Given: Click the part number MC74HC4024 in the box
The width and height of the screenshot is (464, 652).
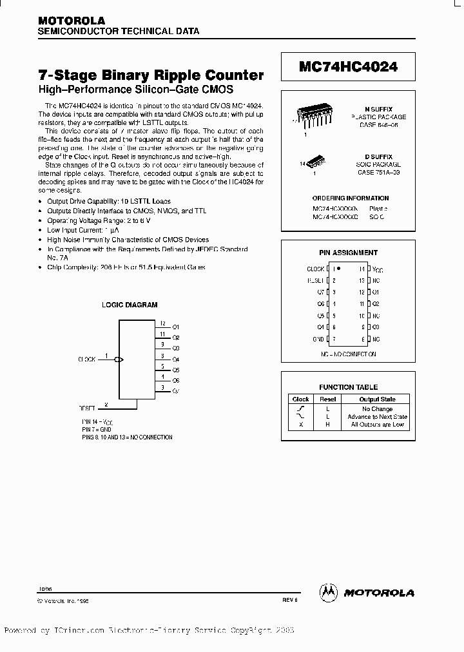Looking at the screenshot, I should [348, 66].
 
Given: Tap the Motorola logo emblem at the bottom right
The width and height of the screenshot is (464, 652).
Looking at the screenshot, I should [329, 591].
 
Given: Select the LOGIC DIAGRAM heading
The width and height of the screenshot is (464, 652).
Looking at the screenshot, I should [130, 305].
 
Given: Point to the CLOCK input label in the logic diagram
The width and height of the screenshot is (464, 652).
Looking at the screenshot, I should [86, 359].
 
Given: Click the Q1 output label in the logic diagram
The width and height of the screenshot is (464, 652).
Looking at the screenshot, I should [176, 327].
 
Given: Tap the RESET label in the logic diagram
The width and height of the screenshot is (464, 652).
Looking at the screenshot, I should [87, 408].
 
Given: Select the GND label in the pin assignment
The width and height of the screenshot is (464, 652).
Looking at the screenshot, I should [318, 339].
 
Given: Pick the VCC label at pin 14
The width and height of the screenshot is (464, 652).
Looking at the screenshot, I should [377, 269].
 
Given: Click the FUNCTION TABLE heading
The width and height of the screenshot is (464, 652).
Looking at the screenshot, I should [348, 387].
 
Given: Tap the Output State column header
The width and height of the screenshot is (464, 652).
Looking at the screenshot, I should [377, 399].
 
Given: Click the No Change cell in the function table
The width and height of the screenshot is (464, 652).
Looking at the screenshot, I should [377, 408].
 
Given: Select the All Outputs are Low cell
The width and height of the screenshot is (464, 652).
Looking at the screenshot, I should [377, 425].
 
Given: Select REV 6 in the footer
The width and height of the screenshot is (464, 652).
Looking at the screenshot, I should [290, 600].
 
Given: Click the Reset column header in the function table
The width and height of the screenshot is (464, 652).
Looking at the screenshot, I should [328, 399].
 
